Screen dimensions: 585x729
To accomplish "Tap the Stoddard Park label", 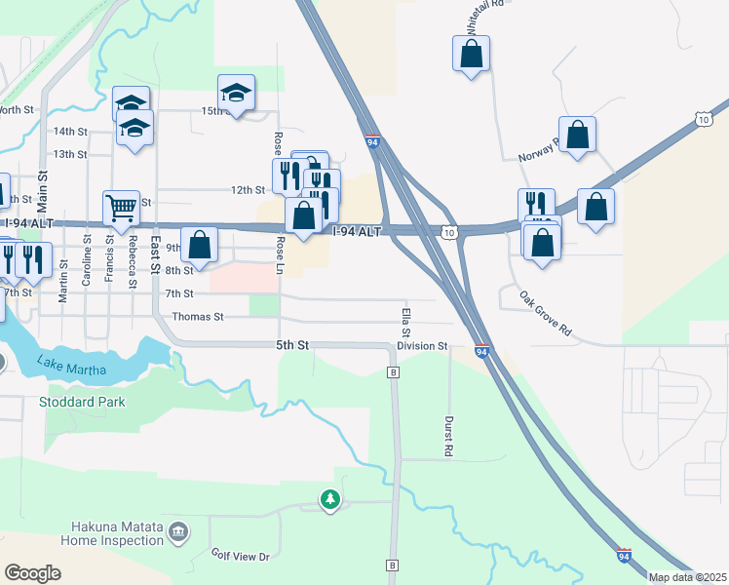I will tap(82, 402).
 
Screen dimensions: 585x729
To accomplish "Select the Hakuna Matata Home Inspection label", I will tap(111, 533).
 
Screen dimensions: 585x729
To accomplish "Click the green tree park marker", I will tap(330, 500).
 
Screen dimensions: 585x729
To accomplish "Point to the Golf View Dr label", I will tap(240, 556).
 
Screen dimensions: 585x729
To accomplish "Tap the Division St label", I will tap(421, 346).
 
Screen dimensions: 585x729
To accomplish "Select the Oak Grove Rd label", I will tap(545, 314).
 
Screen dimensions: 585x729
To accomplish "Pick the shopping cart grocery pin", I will tap(121, 207).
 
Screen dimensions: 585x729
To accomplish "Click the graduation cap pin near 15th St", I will tap(236, 94).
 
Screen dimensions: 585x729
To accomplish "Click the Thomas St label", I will tap(198, 317).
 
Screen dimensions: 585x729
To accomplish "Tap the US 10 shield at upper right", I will tap(704, 119).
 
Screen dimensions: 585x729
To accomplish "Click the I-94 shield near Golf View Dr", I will tap(624, 556).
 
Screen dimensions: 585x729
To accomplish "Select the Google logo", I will tap(32, 573).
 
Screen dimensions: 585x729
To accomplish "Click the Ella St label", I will tap(404, 324).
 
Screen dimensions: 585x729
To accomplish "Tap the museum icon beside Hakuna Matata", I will tap(177, 531).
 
